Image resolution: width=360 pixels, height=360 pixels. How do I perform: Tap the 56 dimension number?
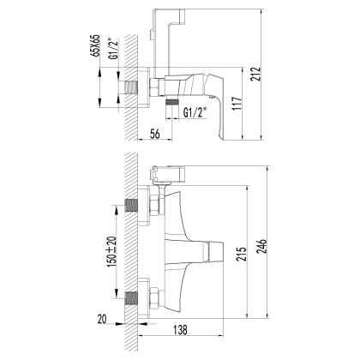click(x=155, y=133)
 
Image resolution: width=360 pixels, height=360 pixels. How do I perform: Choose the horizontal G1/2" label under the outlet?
click(x=187, y=111)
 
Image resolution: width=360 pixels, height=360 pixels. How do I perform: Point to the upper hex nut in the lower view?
click(x=153, y=207)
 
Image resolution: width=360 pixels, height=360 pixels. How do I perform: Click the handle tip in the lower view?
click(x=219, y=253)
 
